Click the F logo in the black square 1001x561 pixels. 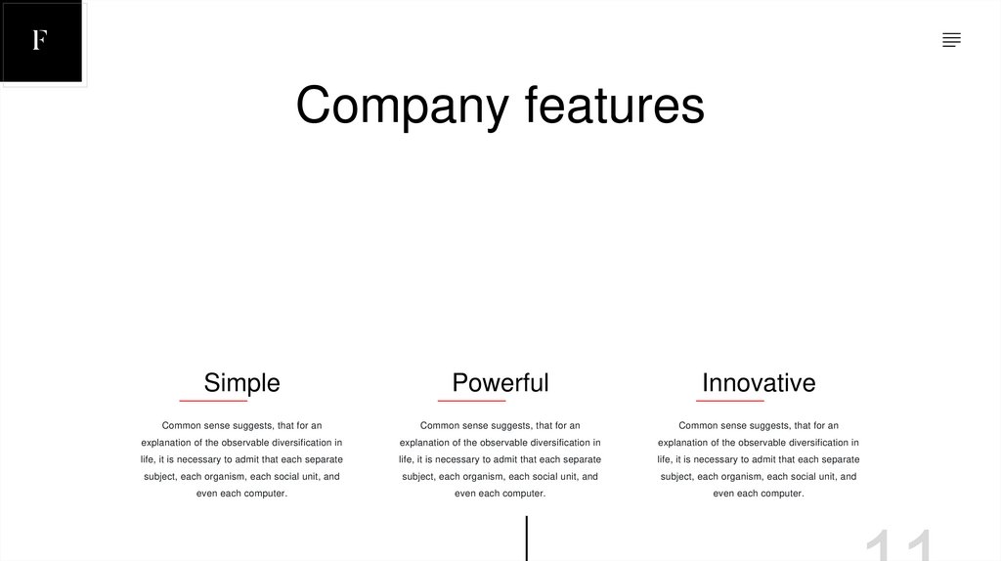[40, 40]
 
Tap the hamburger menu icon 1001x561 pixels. [951, 40]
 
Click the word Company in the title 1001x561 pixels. [402, 106]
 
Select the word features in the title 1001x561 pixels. [614, 106]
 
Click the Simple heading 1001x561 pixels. [241, 382]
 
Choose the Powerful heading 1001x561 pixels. [500, 382]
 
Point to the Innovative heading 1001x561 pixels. [759, 382]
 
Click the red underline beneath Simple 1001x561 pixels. [213, 401]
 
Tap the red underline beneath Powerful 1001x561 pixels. [471, 401]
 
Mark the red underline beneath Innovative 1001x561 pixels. [730, 401]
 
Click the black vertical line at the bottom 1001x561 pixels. [527, 539]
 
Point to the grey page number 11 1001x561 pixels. [899, 545]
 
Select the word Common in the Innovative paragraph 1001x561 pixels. [698, 426]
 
